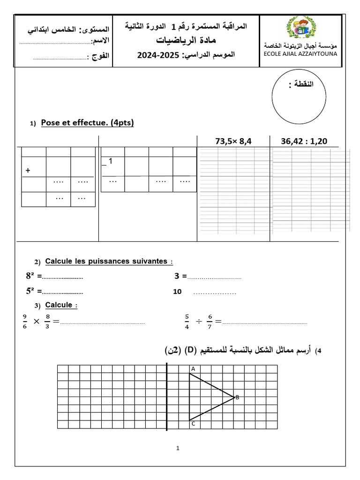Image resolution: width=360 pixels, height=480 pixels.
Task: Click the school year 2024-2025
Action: (x=158, y=55)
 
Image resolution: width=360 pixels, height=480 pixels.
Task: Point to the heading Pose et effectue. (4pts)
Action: (x=88, y=123)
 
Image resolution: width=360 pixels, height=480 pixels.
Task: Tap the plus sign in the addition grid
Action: (x=28, y=171)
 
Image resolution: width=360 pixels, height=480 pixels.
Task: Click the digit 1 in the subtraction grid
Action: (x=110, y=161)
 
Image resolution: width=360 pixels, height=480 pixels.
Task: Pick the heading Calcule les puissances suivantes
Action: (x=106, y=261)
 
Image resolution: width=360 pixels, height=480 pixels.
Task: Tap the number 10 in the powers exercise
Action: (x=177, y=292)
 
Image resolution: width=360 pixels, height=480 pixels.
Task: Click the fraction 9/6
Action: (x=25, y=321)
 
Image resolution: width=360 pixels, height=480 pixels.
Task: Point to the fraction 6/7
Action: (x=210, y=321)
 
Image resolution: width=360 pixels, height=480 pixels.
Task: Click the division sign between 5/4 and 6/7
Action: (x=199, y=322)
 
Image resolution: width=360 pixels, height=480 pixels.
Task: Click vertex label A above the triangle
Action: (x=193, y=369)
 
